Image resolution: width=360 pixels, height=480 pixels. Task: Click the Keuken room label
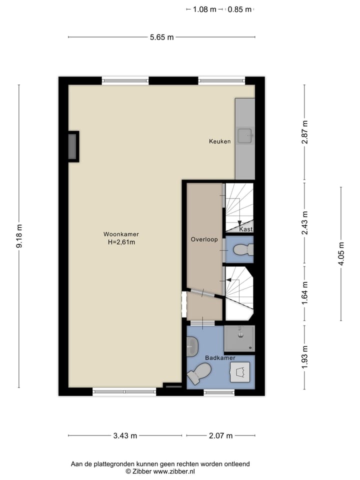[x=220, y=141]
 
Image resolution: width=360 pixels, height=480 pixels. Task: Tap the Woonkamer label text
[x=121, y=234]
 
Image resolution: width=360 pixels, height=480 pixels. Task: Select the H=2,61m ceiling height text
[x=121, y=242]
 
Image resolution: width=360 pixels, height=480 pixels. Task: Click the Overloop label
[x=204, y=239]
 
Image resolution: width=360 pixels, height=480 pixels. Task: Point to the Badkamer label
[x=220, y=358]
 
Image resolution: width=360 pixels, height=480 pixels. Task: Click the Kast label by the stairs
[x=245, y=229]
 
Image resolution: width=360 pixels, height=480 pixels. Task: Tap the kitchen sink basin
[x=245, y=135]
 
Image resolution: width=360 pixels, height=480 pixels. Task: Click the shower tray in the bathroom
[x=239, y=338]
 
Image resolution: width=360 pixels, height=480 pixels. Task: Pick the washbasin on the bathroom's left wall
[x=192, y=346]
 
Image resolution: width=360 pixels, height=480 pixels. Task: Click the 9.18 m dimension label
[x=19, y=236]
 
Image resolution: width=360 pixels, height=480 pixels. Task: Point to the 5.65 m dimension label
[x=161, y=37]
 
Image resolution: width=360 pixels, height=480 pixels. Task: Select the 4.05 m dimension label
[x=341, y=254]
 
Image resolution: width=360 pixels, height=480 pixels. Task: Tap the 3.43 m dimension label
[x=125, y=435]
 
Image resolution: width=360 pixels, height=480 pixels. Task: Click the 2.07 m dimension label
[x=220, y=435]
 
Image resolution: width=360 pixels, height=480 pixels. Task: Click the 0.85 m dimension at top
[x=239, y=9]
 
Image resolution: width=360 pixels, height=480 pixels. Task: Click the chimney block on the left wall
[x=73, y=146]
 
